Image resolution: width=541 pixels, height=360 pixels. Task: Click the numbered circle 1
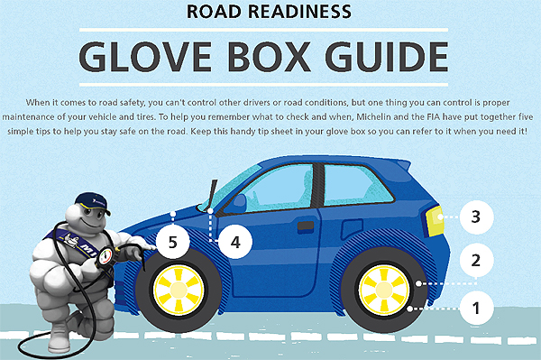(x=476, y=308)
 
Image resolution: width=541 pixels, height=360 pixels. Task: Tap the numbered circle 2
(x=476, y=260)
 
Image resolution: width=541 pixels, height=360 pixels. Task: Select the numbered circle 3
(x=476, y=217)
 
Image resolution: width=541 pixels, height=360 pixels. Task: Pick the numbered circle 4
(x=235, y=242)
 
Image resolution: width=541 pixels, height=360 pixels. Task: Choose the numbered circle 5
(x=173, y=242)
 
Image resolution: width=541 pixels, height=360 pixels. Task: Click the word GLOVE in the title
(x=145, y=57)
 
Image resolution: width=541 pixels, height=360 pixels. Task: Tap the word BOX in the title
(x=269, y=57)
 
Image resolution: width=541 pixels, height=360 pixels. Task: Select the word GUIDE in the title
(x=387, y=57)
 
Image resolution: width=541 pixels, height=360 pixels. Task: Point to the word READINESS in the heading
(x=299, y=12)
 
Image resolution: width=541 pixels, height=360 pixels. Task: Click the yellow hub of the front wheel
(x=179, y=290)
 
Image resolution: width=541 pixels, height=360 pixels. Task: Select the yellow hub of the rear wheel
(x=384, y=290)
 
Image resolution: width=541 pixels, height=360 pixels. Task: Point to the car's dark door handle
(x=306, y=226)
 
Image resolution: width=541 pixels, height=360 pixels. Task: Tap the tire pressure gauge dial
(x=105, y=256)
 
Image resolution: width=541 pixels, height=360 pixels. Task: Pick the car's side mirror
(x=239, y=204)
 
